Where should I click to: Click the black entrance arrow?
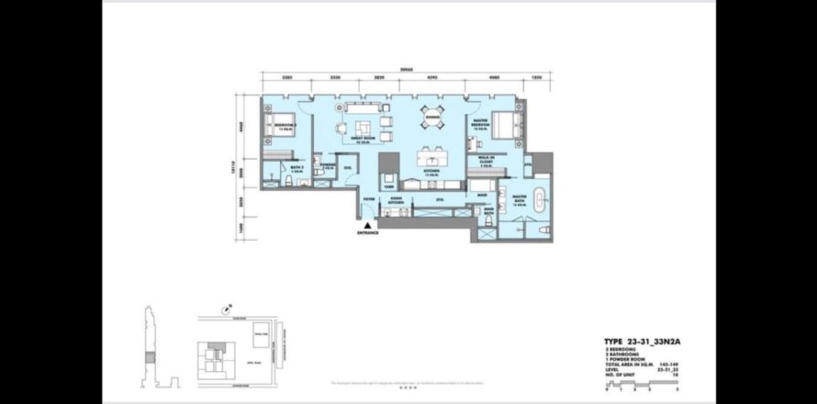tap(368, 224)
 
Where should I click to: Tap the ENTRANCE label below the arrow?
tap(368, 233)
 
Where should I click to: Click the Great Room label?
tap(362, 140)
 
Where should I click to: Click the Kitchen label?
tap(431, 172)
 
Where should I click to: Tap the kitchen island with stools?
tap(431, 154)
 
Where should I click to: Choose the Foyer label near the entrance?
tap(369, 196)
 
